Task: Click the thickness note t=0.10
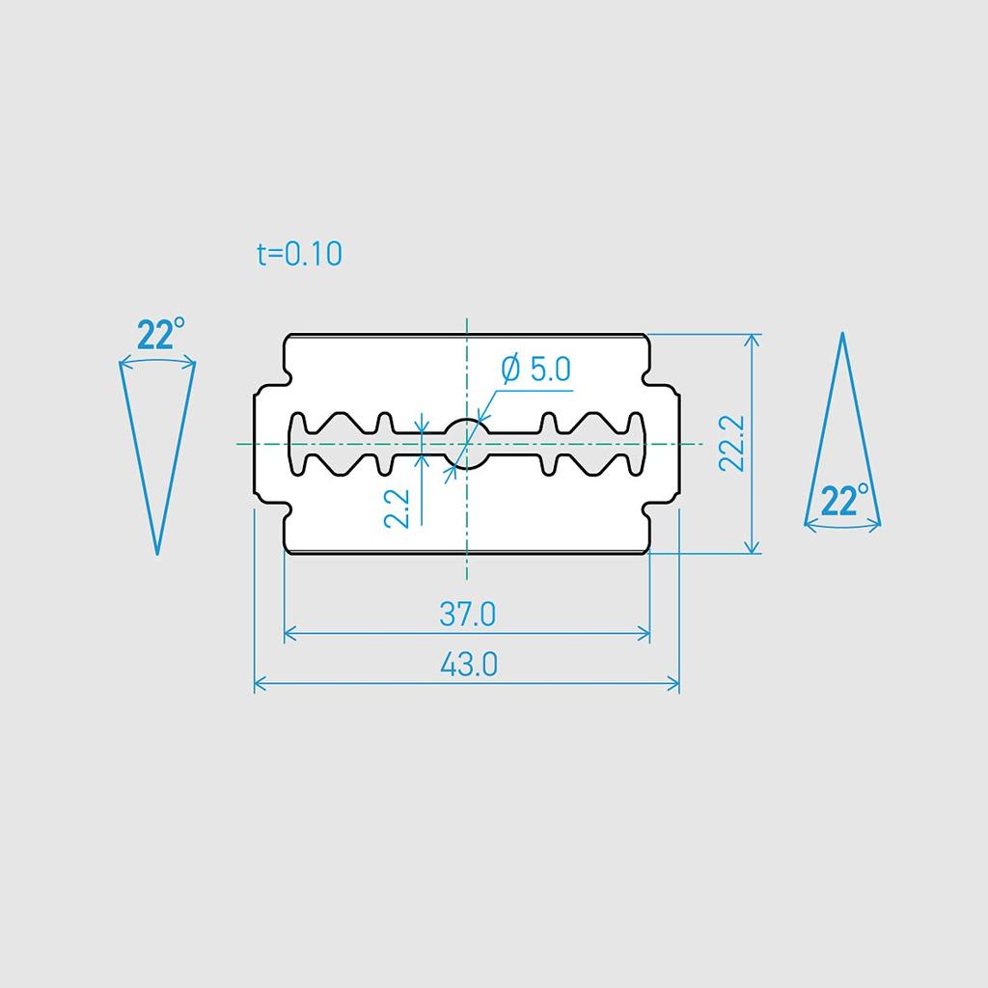coord(300,254)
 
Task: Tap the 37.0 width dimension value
coord(467,614)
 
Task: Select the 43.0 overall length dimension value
coord(468,664)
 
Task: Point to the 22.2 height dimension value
coord(732,444)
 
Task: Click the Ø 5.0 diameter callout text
coord(536,369)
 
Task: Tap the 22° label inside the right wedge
coord(846,502)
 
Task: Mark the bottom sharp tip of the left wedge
coord(157,554)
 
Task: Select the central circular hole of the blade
coord(466,444)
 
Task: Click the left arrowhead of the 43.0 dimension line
coord(258,684)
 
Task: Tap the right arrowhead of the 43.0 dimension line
coord(675,684)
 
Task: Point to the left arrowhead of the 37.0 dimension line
coord(288,634)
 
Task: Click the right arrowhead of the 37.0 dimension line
coord(645,634)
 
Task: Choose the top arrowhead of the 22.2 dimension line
coord(753,339)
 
